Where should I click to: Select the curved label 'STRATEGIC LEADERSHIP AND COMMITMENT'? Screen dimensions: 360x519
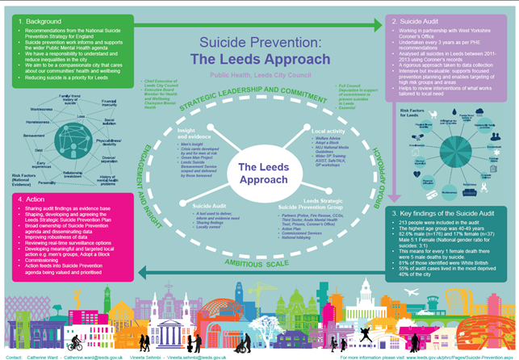pos(256,101)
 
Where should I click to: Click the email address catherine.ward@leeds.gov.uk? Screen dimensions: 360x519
pos(95,355)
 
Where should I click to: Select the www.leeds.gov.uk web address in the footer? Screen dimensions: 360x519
pos(450,355)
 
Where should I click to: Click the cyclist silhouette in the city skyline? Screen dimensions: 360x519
pos(75,333)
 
